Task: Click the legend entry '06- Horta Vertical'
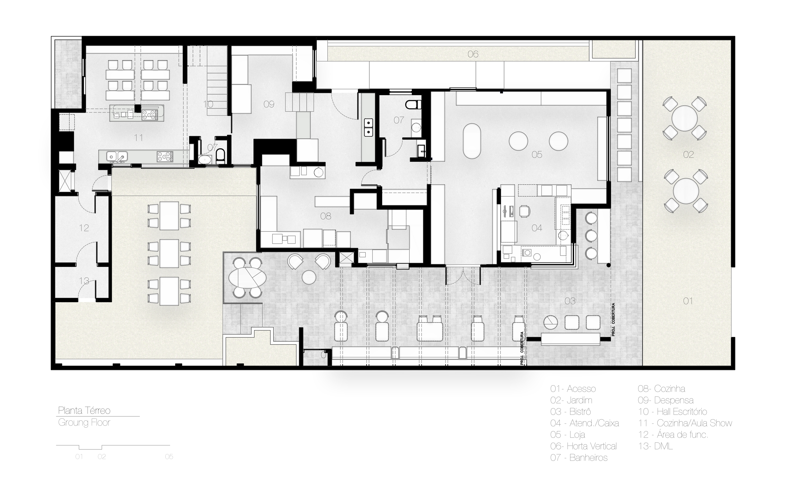pyautogui.click(x=583, y=446)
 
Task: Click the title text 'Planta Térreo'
pyautogui.click(x=84, y=410)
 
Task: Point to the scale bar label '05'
pyautogui.click(x=169, y=457)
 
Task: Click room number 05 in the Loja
pyautogui.click(x=537, y=155)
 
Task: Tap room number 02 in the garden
pyautogui.click(x=688, y=155)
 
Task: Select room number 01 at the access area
pyautogui.click(x=688, y=301)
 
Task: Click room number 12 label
pyautogui.click(x=84, y=228)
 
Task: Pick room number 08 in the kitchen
pyautogui.click(x=326, y=216)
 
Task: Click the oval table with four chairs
pyautogui.click(x=247, y=278)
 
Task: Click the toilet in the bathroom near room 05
pyautogui.click(x=413, y=105)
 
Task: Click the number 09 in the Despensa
pyautogui.click(x=269, y=104)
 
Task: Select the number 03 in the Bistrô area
pyautogui.click(x=570, y=301)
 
